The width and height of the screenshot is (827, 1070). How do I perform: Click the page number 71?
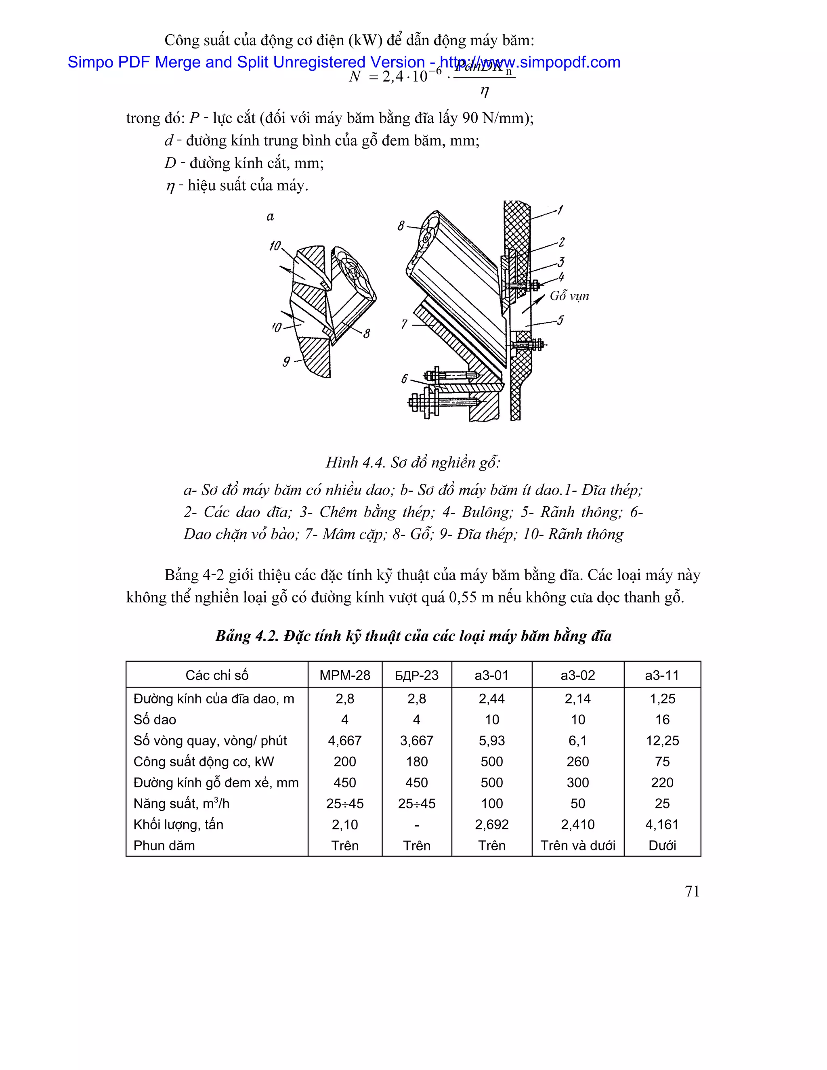692,891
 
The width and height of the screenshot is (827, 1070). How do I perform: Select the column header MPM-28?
344,675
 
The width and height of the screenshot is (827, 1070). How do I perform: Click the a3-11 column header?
662,675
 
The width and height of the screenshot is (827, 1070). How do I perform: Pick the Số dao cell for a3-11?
662,720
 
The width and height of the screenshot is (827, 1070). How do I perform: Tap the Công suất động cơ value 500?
491,762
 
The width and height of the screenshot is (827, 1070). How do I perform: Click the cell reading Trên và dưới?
577,846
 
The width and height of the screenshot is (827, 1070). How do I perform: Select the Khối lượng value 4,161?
662,825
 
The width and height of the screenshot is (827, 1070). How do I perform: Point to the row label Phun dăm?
164,846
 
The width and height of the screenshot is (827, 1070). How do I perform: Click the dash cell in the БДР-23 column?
416,825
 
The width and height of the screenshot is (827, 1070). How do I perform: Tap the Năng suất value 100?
491,804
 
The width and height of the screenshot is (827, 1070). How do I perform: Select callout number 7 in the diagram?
404,324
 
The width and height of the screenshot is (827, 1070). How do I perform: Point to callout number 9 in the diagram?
286,361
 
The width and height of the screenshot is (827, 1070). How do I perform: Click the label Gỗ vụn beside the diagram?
569,296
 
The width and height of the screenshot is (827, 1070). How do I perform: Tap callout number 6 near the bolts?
404,379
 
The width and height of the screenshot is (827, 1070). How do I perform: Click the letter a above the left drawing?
270,216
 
